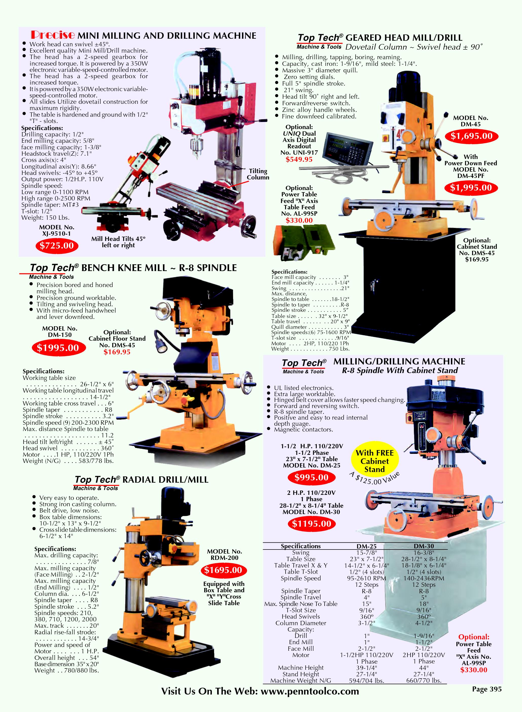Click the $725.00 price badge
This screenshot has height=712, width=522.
57,246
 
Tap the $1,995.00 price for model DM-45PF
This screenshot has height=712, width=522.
471,188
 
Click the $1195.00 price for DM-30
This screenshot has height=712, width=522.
312,524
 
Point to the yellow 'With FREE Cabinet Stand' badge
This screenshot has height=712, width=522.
375,461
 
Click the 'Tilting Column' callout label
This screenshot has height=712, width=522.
258,174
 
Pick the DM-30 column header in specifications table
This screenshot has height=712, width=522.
424,546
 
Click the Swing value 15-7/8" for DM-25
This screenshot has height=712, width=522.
366,553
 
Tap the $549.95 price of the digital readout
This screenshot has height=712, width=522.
299,159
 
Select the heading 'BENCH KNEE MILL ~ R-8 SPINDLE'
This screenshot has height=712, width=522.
159,268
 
